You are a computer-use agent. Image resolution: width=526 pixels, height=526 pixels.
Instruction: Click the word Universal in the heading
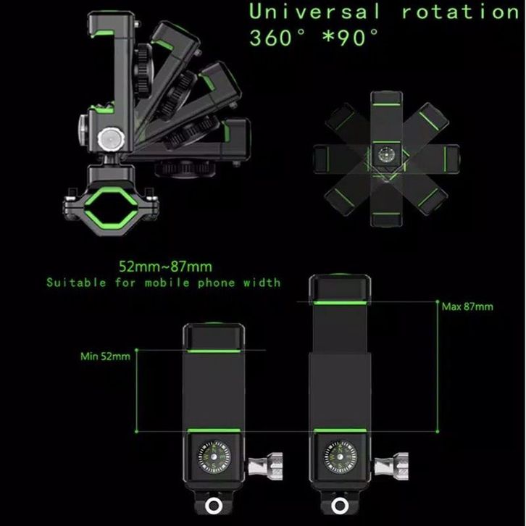click(x=314, y=12)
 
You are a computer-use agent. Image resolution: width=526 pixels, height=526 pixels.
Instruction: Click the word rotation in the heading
click(x=461, y=12)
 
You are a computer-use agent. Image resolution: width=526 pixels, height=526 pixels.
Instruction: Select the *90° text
click(x=350, y=37)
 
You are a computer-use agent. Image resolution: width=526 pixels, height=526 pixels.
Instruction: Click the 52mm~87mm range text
click(x=166, y=267)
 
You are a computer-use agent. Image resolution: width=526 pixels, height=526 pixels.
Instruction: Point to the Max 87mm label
click(x=467, y=306)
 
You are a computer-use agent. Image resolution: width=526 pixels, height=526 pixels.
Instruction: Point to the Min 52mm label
click(x=105, y=356)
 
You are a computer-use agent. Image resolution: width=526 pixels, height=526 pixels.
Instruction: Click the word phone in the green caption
click(x=216, y=283)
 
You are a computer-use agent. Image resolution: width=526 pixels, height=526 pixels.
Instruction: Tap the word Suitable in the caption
click(x=76, y=283)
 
